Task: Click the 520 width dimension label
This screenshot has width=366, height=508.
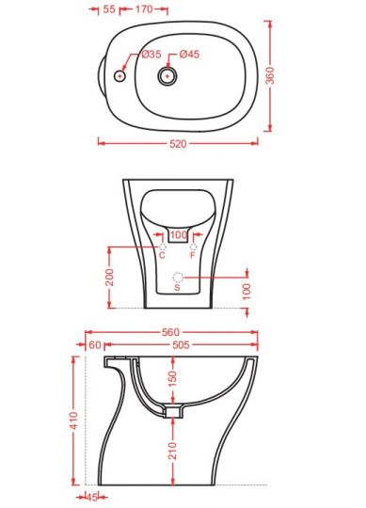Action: coord(178,144)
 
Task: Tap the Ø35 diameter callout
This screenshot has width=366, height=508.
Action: coord(152,56)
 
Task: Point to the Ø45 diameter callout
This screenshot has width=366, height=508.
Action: coord(189,56)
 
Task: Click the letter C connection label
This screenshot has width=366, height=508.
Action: coord(162,255)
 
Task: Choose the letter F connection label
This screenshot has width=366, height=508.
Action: coord(194,255)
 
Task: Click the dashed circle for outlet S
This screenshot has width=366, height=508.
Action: coord(178,278)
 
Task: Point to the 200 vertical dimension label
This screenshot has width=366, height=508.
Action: coord(110,277)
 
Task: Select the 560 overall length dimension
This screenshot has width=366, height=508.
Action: coord(169,332)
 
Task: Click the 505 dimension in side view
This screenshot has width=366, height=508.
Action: coord(181,345)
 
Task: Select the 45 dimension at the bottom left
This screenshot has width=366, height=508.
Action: coord(91,498)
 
